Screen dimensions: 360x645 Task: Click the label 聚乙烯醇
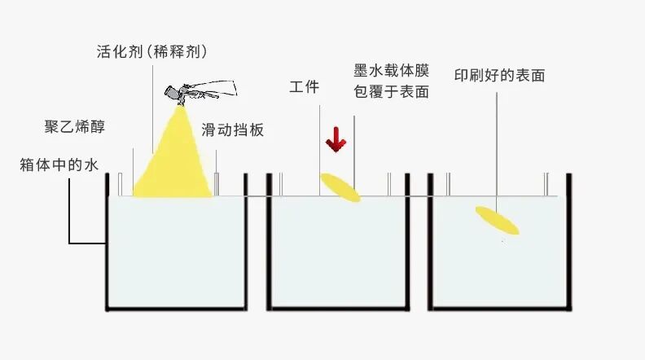point(74,127)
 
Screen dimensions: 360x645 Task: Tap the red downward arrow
point(335,140)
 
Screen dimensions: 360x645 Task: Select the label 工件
point(304,87)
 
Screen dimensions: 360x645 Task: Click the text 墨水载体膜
point(391,70)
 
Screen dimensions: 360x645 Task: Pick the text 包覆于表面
point(391,91)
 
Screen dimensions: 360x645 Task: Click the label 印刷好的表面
point(499,76)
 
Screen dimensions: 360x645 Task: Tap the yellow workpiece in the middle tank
point(340,187)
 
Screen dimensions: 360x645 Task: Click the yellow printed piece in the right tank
point(497,220)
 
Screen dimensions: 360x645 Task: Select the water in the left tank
point(175,252)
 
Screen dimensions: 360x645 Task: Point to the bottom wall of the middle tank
point(340,309)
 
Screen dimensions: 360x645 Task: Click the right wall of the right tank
point(568,244)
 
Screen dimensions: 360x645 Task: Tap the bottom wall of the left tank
point(175,309)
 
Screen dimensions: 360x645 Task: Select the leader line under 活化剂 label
point(153,110)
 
